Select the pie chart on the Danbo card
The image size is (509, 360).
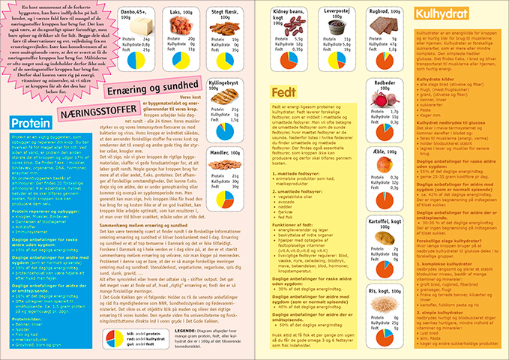tap(136, 56)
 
